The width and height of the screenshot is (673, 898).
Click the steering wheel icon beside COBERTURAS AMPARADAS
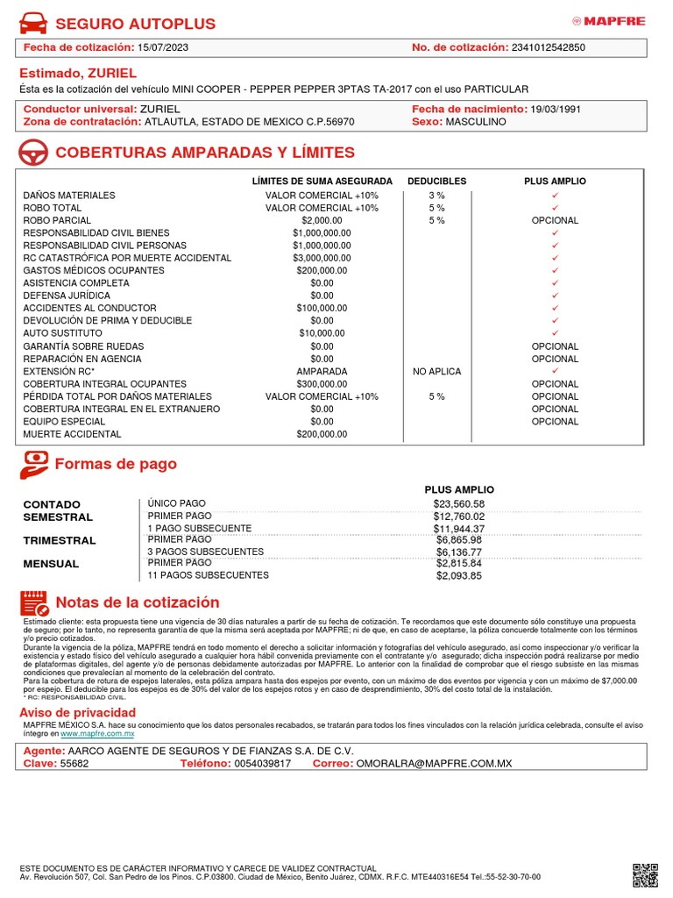click(x=33, y=153)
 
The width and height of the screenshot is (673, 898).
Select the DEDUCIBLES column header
click(x=436, y=182)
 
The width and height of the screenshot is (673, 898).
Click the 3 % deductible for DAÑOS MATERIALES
click(x=436, y=196)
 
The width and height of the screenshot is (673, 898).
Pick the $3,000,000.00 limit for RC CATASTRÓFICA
click(x=322, y=259)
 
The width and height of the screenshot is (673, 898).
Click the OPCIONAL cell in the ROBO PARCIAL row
click(x=555, y=221)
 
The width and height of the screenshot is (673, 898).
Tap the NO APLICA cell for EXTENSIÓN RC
click(x=436, y=372)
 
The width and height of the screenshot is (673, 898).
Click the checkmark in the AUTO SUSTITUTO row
click(x=555, y=334)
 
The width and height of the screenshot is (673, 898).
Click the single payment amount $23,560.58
click(x=458, y=504)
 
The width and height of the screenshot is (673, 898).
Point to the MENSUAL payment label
click(x=51, y=564)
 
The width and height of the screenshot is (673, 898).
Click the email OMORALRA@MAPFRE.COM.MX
click(x=433, y=764)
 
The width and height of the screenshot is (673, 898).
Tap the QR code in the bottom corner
click(x=645, y=874)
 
